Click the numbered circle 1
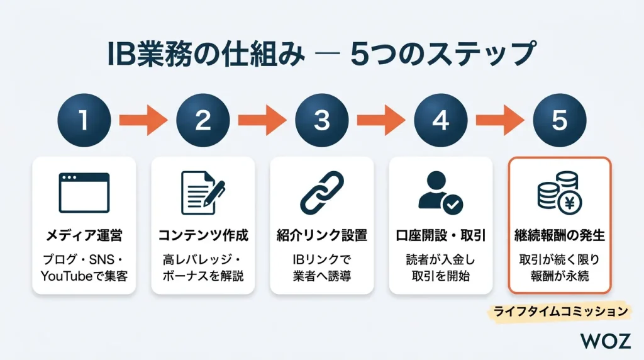click(x=84, y=121)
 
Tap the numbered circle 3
click(x=322, y=121)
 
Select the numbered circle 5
click(x=559, y=121)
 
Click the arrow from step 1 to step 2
click(x=143, y=121)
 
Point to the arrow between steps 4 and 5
click(x=500, y=121)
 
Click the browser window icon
click(x=84, y=193)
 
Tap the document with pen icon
click(x=203, y=193)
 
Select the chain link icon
click(x=321, y=193)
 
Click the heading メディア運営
click(x=84, y=236)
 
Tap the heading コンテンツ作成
click(x=203, y=236)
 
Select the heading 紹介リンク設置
click(x=322, y=236)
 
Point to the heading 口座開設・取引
click(x=440, y=236)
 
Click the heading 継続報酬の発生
click(x=559, y=236)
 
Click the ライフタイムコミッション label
click(x=560, y=311)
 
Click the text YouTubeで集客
click(x=84, y=275)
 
